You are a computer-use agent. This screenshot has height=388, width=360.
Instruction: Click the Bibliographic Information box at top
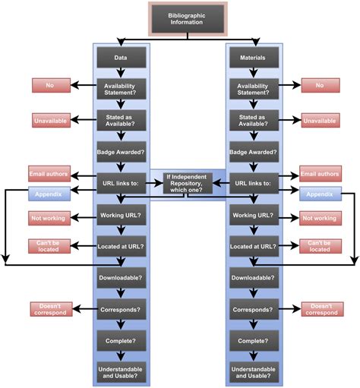(187, 19)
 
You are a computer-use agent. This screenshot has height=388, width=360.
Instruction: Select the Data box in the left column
(121, 57)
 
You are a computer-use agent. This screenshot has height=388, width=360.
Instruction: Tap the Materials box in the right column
(254, 57)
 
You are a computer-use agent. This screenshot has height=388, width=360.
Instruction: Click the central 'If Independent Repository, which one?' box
(188, 182)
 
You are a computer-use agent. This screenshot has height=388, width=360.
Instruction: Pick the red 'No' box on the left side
(50, 85)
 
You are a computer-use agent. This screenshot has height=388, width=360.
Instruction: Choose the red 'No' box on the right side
(320, 85)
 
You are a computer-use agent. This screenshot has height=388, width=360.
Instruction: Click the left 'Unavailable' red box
(50, 120)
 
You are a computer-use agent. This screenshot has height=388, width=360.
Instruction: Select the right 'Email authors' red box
(320, 173)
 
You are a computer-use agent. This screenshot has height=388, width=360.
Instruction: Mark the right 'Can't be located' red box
(320, 245)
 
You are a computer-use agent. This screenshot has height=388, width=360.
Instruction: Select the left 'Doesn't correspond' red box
(50, 309)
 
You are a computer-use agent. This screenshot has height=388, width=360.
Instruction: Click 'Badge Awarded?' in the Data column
(121, 151)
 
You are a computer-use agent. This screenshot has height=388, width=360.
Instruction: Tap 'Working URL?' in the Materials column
(254, 216)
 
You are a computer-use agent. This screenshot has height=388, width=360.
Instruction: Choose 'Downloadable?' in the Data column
(121, 278)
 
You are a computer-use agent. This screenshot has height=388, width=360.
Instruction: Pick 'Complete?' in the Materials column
(254, 341)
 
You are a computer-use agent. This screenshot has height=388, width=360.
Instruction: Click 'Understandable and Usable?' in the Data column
(121, 372)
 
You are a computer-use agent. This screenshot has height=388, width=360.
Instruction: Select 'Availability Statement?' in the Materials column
(254, 89)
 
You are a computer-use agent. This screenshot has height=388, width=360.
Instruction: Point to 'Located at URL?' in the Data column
(121, 247)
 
